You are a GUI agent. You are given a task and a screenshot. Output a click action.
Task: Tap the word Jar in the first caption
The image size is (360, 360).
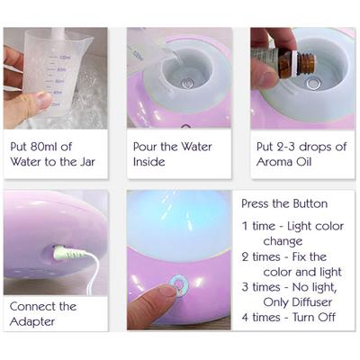coord(87,162)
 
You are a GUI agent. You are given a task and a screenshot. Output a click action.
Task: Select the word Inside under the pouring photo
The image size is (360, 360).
coord(149,162)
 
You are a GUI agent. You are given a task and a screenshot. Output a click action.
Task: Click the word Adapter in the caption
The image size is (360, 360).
coord(32,321)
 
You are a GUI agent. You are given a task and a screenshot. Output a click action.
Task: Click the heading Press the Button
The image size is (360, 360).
coord(284,204)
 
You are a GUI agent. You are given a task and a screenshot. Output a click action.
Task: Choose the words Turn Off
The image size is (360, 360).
coord(314,318)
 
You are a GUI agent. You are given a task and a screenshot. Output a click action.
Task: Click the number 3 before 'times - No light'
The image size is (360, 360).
coord(245,287)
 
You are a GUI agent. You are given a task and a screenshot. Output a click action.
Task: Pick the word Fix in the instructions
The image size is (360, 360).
coord(299,256)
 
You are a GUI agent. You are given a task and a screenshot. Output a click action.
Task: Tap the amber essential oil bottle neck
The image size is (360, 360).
coord(305,64)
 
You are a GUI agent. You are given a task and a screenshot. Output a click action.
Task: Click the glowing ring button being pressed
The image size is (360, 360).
coord(178,285)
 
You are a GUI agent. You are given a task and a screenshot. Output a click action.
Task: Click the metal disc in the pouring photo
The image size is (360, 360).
coord(187,83)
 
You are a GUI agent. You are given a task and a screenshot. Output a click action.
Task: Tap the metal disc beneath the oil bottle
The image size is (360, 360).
coord(312,83)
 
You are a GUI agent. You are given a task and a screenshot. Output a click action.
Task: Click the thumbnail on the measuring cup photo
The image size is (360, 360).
coord(44,99)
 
